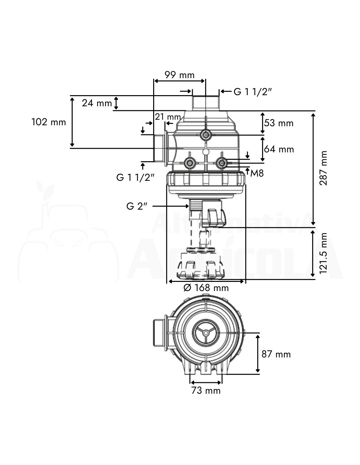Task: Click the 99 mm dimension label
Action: pyautogui.click(x=179, y=75)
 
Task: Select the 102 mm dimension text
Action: pyautogui.click(x=49, y=122)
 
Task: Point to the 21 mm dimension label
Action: pyautogui.click(x=168, y=117)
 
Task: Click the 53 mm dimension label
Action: pyautogui.click(x=279, y=123)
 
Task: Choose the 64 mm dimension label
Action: pyautogui.click(x=279, y=149)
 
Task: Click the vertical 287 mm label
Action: pyautogui.click(x=323, y=168)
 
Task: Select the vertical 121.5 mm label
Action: pyautogui.click(x=323, y=253)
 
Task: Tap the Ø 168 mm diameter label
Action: pyautogui.click(x=206, y=288)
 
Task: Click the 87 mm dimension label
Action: pyautogui.click(x=276, y=354)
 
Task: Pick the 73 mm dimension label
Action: pyautogui.click(x=206, y=390)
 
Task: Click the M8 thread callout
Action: pyautogui.click(x=257, y=173)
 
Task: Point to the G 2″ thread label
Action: pyautogui.click(x=137, y=206)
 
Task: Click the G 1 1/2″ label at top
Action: pyautogui.click(x=253, y=92)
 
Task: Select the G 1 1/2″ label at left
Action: pyautogui.click(x=135, y=178)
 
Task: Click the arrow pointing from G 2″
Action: pyautogui.click(x=170, y=206)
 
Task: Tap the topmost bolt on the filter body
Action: pyautogui.click(x=206, y=134)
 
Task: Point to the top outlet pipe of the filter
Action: pyautogui.click(x=206, y=103)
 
